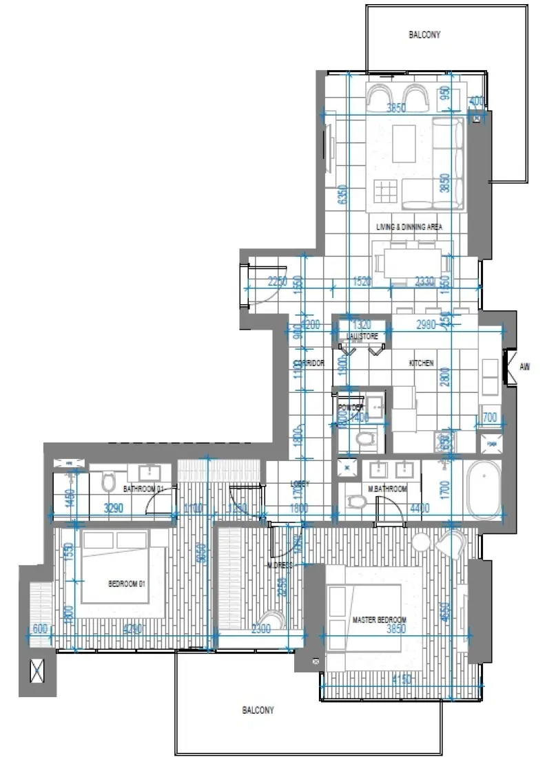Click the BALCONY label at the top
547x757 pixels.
[x=424, y=34]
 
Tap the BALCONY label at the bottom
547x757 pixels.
[x=257, y=710]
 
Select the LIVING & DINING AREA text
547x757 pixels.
[x=409, y=226]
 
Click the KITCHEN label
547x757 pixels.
[x=422, y=363]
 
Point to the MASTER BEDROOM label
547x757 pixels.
[x=379, y=620]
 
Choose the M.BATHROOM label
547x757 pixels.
[x=388, y=489]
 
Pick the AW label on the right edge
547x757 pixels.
[x=525, y=367]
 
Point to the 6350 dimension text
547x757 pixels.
[x=340, y=195]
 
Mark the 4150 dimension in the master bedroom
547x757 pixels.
[x=402, y=680]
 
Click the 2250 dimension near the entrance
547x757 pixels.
[x=278, y=281]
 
